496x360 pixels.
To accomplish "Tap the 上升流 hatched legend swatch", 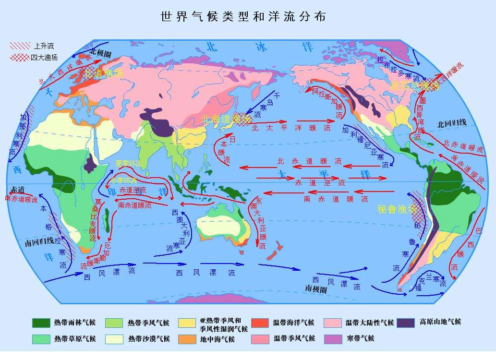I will [x=20, y=46].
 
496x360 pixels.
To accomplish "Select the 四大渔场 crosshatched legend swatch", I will [x=20, y=58].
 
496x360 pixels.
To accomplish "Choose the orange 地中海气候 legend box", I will [x=187, y=339].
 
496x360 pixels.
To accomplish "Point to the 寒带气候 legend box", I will [x=333, y=339].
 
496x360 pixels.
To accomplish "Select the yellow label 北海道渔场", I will [x=226, y=118].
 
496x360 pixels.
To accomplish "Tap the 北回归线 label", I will [x=452, y=123].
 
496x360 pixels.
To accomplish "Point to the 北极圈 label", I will [x=100, y=52].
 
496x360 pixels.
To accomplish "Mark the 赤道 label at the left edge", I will [x=17, y=189].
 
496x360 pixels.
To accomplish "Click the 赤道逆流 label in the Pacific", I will [x=320, y=183].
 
